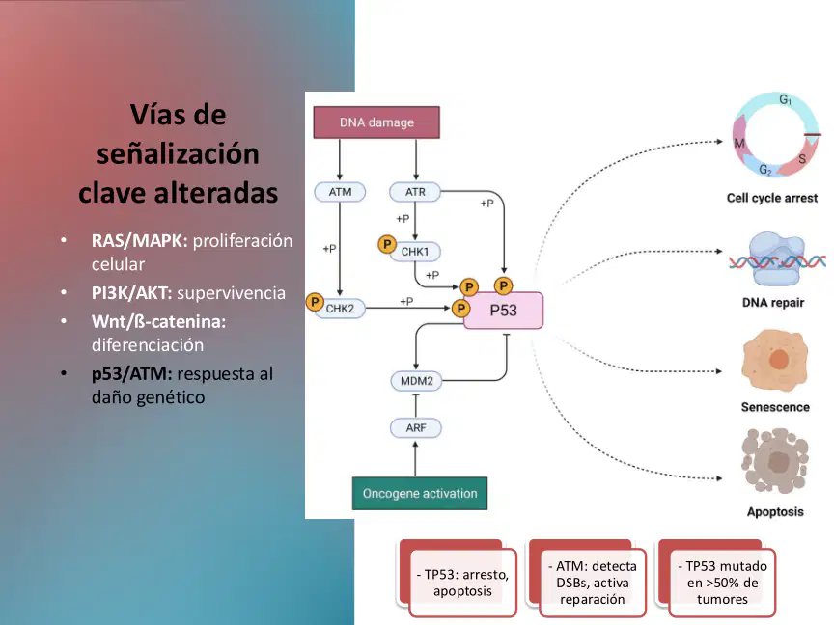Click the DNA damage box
pyautogui.click(x=376, y=122)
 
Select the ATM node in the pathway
pyautogui.click(x=340, y=192)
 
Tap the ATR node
pyautogui.click(x=415, y=192)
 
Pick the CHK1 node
pyautogui.click(x=415, y=252)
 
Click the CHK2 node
pyautogui.click(x=340, y=309)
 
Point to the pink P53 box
pyautogui.click(x=503, y=311)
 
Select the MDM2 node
pyautogui.click(x=416, y=381)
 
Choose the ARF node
pyautogui.click(x=416, y=428)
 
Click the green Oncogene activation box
pyautogui.click(x=420, y=493)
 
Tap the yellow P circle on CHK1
pyautogui.click(x=387, y=244)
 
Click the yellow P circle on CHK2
pyautogui.click(x=315, y=303)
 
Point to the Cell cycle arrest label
pyautogui.click(x=772, y=199)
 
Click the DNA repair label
pyautogui.click(x=773, y=303)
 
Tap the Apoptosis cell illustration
pyautogui.click(x=775, y=461)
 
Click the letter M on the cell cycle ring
pyautogui.click(x=739, y=143)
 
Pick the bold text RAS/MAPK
pyautogui.click(x=139, y=241)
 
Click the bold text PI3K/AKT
pyautogui.click(x=132, y=293)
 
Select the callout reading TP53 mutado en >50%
pyautogui.click(x=722, y=583)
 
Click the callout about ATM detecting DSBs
pyautogui.click(x=593, y=583)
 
